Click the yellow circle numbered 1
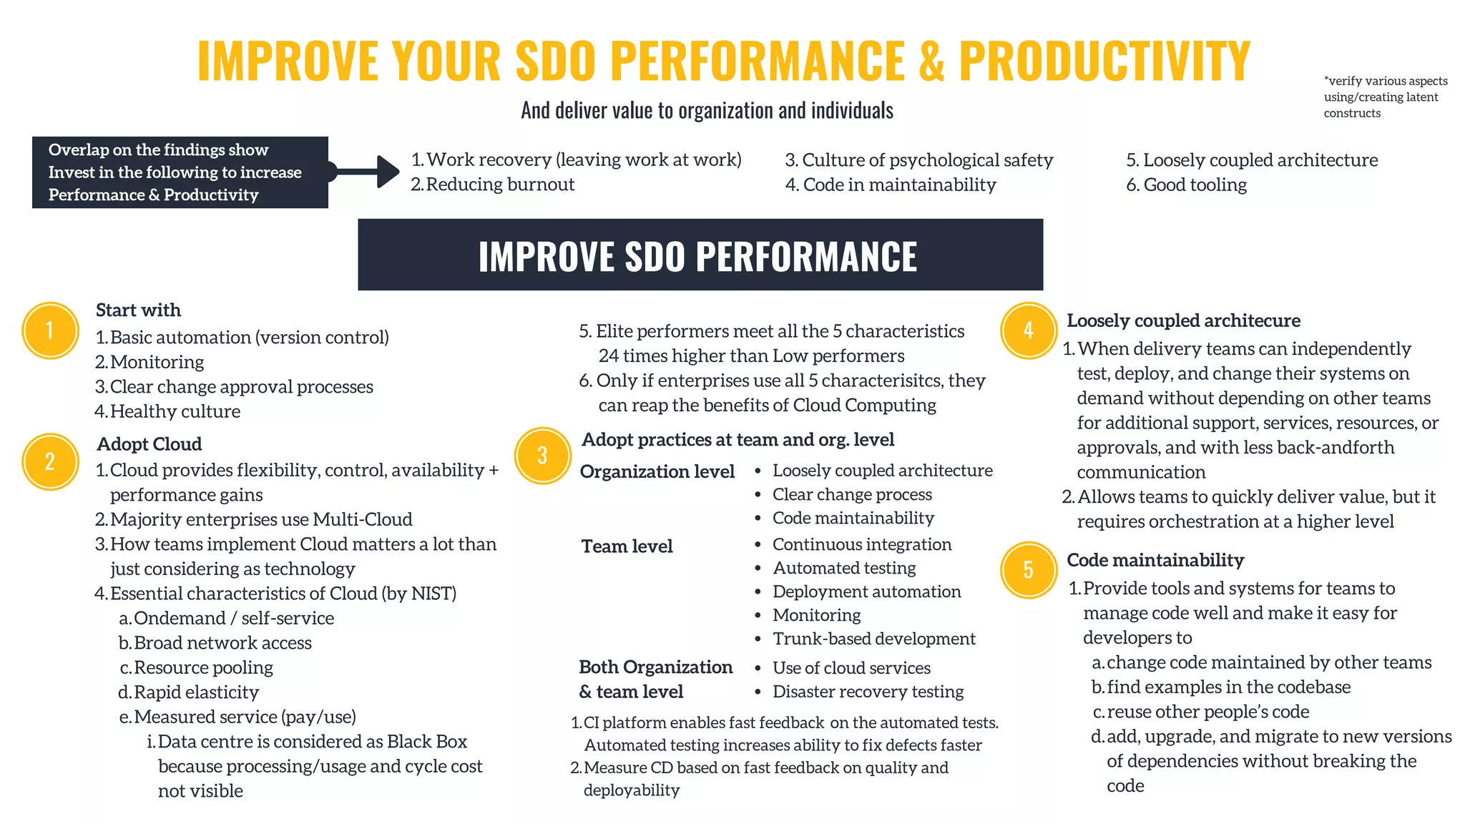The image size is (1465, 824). click(50, 330)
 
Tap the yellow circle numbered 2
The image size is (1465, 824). click(50, 461)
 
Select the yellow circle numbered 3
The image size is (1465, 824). click(542, 456)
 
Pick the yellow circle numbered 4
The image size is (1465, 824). click(1028, 330)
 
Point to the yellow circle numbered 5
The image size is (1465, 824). click(1028, 569)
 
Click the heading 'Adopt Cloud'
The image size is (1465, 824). click(150, 444)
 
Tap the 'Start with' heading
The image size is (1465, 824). click(138, 310)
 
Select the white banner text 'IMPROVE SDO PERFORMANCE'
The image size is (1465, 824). click(697, 256)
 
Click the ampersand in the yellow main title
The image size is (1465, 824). click(931, 61)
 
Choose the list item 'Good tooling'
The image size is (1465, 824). click(1195, 185)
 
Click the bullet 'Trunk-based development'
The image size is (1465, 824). click(873, 639)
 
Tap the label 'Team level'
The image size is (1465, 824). click(627, 546)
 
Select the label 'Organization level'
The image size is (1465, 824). click(657, 471)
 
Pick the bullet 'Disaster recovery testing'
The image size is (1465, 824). click(868, 692)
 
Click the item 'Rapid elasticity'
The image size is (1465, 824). click(195, 692)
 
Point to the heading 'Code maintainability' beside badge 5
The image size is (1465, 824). click(1155, 560)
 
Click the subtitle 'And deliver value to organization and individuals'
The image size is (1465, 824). click(707, 110)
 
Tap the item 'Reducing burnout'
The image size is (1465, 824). click(499, 185)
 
